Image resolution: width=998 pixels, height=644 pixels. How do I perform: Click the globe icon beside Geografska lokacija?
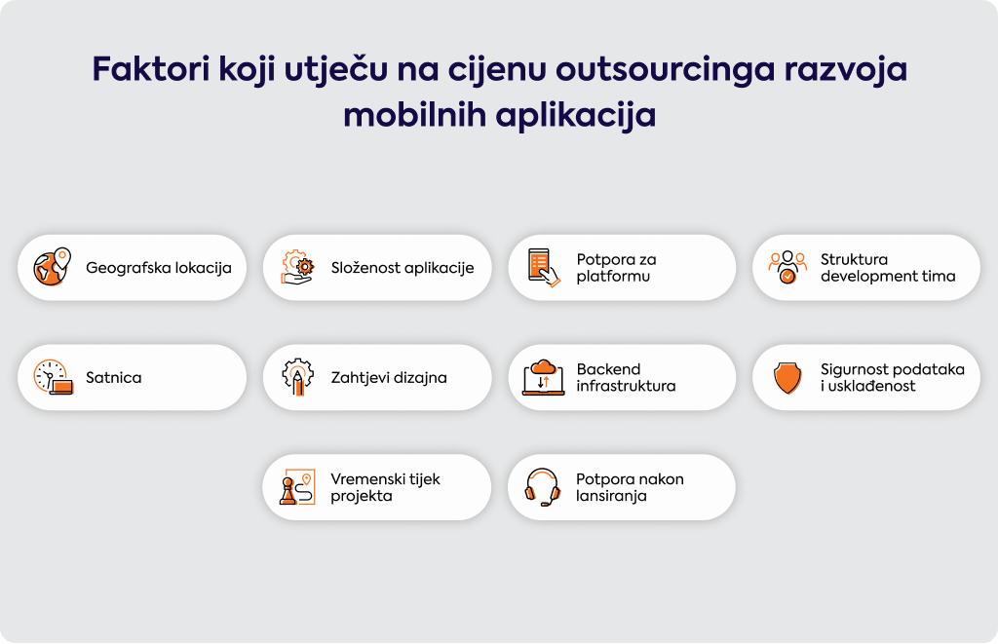click(53, 267)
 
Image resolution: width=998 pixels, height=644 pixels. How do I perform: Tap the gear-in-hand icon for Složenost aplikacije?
click(297, 267)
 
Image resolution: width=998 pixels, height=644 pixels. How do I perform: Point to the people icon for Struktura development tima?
click(787, 267)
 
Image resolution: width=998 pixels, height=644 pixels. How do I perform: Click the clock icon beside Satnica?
click(53, 377)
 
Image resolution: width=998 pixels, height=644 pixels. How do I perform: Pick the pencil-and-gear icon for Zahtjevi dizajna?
click(298, 377)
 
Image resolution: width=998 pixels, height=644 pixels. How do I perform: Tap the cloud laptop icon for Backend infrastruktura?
click(544, 377)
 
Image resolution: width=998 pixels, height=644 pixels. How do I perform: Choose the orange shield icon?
click(787, 378)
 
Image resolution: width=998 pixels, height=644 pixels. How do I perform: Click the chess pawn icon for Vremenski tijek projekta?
click(297, 487)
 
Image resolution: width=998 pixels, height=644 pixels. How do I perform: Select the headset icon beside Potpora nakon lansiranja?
click(542, 487)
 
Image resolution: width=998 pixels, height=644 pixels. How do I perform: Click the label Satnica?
click(114, 377)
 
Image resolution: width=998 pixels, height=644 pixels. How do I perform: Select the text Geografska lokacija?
click(159, 268)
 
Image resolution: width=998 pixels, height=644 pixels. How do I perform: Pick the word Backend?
click(608, 369)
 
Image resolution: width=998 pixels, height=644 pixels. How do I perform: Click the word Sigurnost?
click(855, 369)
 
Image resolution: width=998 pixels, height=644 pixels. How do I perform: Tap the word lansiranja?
click(611, 496)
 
